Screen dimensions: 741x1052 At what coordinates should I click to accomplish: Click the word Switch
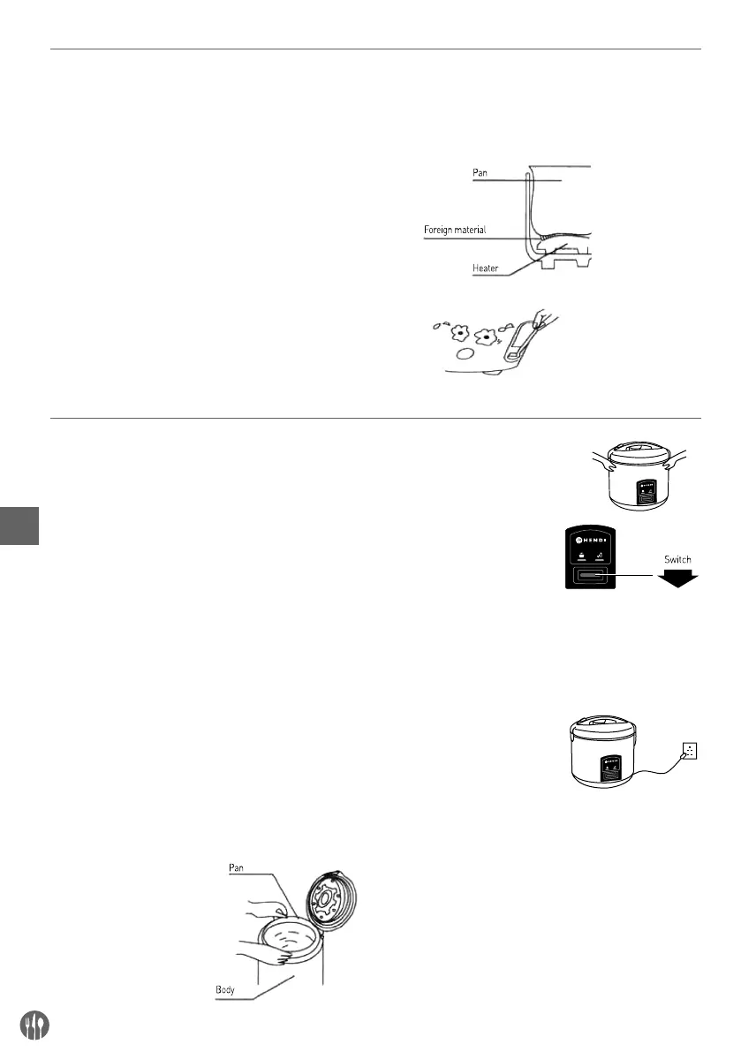[x=677, y=558]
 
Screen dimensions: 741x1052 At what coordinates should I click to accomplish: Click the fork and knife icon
[x=34, y=1025]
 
